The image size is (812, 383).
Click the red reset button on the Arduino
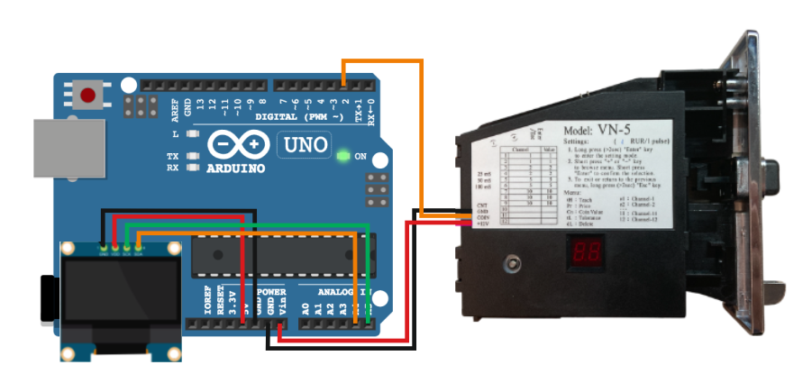pyautogui.click(x=88, y=95)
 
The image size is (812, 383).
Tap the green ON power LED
pyautogui.click(x=342, y=157)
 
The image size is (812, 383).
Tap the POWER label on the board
pyautogui.click(x=271, y=292)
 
